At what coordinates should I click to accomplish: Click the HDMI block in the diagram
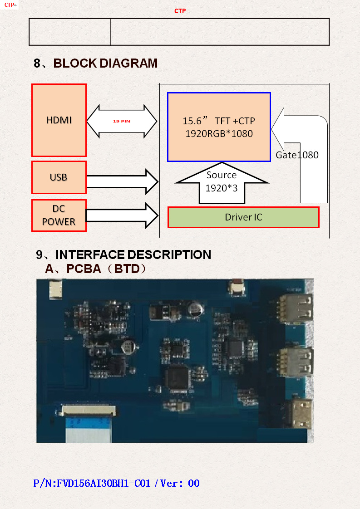pyautogui.click(x=59, y=120)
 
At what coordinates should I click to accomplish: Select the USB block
pyautogui.click(x=59, y=177)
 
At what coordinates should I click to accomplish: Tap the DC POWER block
pyautogui.click(x=59, y=215)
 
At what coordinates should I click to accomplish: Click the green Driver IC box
pyautogui.click(x=243, y=217)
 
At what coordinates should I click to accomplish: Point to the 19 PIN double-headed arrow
pyautogui.click(x=122, y=122)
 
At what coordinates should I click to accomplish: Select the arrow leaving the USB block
pyautogui.click(x=122, y=181)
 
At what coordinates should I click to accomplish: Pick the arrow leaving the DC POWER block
pyautogui.click(x=122, y=215)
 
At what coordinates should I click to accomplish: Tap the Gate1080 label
pyautogui.click(x=297, y=155)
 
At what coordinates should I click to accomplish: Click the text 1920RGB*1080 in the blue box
pyautogui.click(x=219, y=134)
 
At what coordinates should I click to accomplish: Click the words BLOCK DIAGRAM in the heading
pyautogui.click(x=106, y=64)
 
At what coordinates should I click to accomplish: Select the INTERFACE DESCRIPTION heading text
pyautogui.click(x=133, y=255)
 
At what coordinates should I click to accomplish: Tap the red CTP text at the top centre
pyautogui.click(x=180, y=11)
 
